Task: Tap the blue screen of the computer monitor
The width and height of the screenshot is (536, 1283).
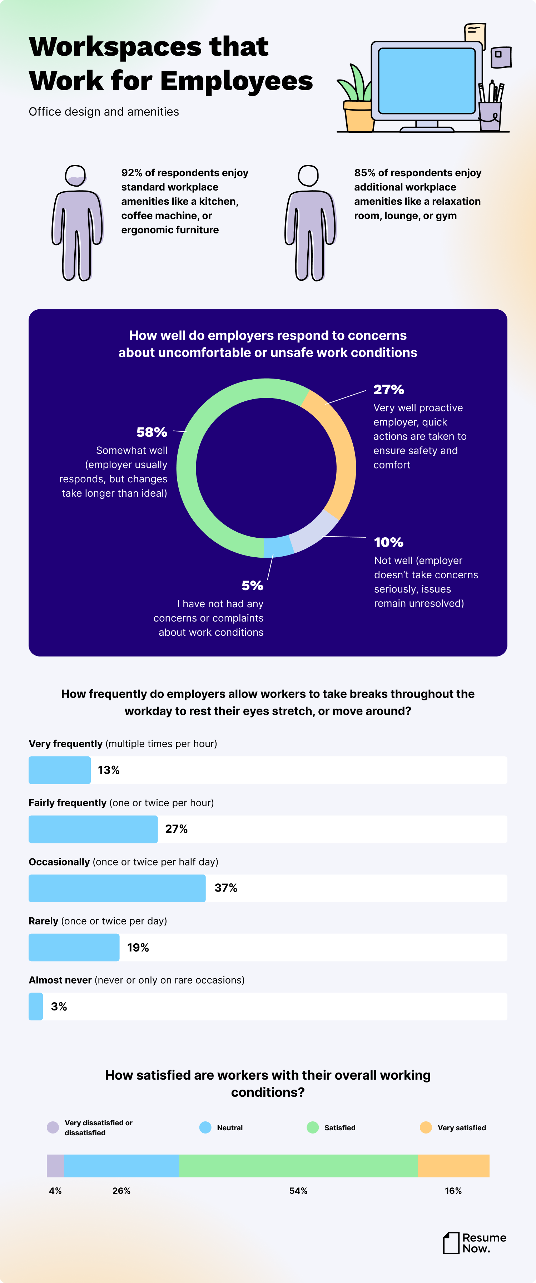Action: (x=426, y=81)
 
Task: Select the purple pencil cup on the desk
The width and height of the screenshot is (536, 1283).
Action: (x=490, y=116)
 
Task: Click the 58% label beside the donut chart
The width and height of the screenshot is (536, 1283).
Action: (x=152, y=432)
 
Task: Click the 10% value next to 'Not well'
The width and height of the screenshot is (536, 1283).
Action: (x=388, y=542)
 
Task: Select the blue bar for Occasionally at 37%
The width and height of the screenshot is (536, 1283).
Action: (x=117, y=888)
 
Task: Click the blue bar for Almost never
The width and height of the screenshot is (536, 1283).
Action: (x=35, y=1006)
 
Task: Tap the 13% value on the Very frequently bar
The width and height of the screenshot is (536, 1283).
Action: (x=109, y=770)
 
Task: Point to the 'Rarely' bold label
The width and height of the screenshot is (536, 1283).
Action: (x=43, y=921)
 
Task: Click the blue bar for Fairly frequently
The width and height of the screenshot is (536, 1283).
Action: (x=93, y=829)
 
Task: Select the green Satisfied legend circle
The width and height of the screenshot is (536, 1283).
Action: (x=313, y=1127)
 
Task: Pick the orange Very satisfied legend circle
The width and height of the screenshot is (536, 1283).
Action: (x=426, y=1127)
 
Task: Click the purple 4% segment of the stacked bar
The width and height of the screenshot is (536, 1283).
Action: (x=55, y=1166)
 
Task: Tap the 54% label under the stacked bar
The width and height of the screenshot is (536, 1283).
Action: (x=298, y=1190)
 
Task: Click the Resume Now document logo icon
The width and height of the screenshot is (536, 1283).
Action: (x=451, y=1243)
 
